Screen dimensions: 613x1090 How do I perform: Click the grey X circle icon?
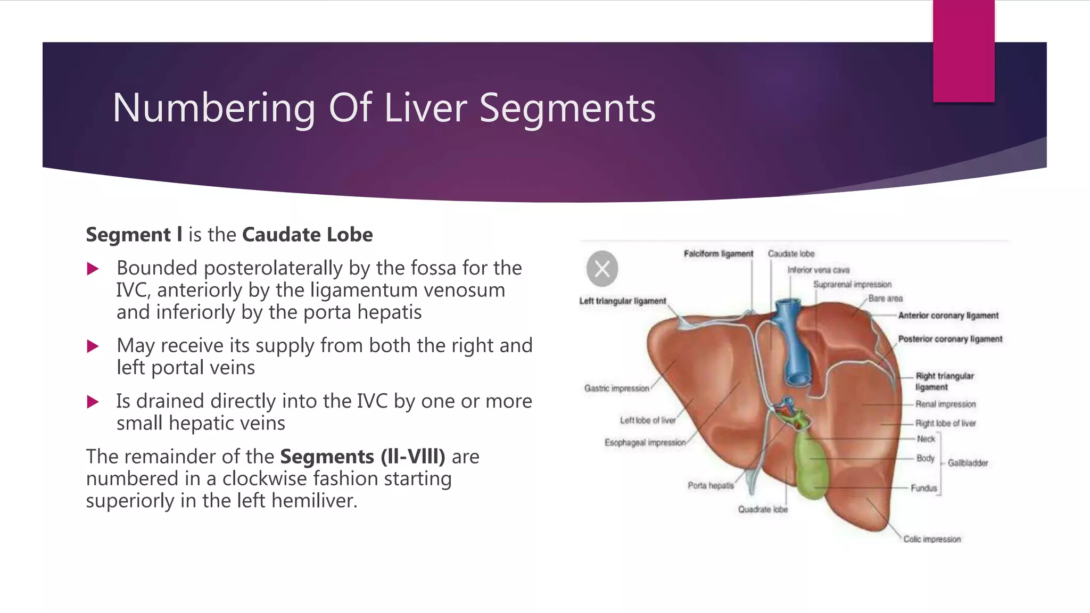coord(602,269)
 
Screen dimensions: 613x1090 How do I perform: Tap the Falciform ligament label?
coord(718,254)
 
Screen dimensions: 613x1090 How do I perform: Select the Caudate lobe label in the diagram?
coord(791,254)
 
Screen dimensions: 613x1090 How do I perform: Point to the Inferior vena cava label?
coord(818,270)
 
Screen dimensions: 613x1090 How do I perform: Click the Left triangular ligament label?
coord(622,301)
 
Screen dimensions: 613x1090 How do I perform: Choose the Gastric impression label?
coord(616,388)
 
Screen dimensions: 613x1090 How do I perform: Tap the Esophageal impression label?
coord(645,443)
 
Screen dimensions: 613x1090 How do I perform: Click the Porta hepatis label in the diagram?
coord(710,485)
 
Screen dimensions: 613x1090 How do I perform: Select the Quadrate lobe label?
coord(762,509)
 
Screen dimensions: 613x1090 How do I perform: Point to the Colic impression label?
coord(931,539)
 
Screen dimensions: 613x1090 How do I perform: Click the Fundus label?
coord(923,488)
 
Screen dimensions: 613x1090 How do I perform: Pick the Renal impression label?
coord(945,404)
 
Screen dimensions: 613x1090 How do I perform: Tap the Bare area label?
coord(885,299)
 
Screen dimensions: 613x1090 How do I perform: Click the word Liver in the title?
coord(426,108)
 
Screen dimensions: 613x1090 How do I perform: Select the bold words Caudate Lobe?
coord(307,235)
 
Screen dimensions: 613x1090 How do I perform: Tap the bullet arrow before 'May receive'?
coord(93,347)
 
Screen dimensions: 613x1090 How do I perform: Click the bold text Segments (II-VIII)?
coord(362,457)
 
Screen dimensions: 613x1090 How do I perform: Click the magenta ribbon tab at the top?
coord(963,51)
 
